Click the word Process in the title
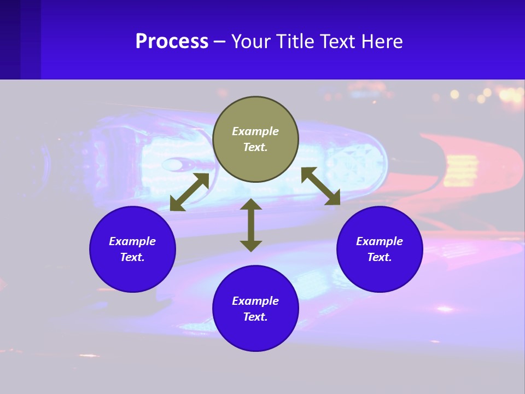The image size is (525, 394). point(172,42)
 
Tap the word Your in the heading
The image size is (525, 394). point(252,42)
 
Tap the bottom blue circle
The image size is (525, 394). point(255,334)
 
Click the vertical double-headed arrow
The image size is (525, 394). point(251,225)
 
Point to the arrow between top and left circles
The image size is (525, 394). point(190,192)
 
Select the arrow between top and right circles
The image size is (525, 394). point(320,186)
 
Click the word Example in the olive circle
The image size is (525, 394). point(255,131)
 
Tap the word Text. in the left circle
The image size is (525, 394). point(132,257)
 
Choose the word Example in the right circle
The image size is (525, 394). point(380,241)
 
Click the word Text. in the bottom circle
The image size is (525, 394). point(255,317)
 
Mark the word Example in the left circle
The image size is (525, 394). point(132,241)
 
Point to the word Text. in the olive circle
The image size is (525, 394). point(255,147)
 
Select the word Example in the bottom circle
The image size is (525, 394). point(255,301)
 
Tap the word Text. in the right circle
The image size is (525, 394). point(380,257)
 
